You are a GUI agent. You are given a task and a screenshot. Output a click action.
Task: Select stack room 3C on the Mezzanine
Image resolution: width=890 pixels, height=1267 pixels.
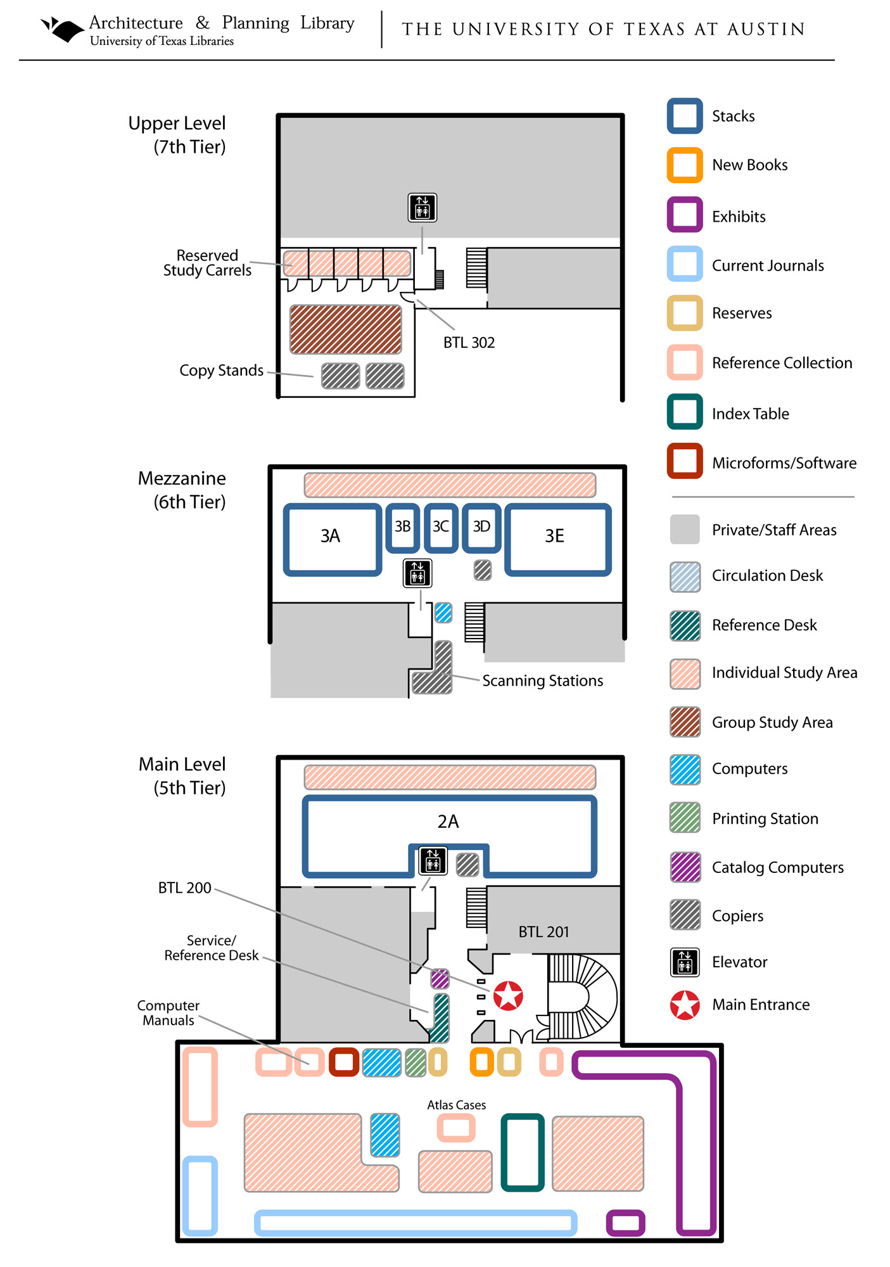point(441,528)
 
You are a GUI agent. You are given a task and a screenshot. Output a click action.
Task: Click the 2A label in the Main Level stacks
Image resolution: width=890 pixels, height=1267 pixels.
point(448,822)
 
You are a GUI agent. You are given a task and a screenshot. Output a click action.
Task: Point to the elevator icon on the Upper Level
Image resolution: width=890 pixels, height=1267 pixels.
point(423,208)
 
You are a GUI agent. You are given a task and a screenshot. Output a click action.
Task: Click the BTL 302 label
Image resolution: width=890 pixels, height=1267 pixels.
point(469,343)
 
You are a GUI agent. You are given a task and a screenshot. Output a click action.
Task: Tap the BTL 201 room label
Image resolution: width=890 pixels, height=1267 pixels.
point(544,932)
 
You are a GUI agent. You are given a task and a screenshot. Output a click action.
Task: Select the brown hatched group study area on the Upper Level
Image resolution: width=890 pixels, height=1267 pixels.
point(346,329)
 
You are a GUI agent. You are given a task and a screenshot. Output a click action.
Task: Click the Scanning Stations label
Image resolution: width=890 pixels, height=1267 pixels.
point(542,681)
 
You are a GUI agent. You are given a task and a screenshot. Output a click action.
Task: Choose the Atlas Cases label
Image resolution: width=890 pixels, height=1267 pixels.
point(456,1105)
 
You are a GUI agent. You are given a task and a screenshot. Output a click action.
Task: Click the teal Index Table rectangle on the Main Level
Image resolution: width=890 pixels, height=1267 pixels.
point(523,1152)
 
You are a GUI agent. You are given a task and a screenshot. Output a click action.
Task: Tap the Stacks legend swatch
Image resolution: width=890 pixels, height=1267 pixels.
point(685,116)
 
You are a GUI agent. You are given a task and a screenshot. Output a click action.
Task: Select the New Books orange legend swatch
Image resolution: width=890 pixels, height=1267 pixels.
point(685,165)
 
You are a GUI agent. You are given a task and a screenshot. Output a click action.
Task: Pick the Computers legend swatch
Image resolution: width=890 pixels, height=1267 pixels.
point(685,770)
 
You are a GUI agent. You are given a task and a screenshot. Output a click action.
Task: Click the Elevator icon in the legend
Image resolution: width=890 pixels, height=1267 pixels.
point(685,962)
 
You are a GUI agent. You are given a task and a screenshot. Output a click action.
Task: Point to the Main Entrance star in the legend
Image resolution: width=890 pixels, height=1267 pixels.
point(685,1005)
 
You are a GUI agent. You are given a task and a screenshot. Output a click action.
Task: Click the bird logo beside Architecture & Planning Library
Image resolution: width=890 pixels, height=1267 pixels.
point(62,29)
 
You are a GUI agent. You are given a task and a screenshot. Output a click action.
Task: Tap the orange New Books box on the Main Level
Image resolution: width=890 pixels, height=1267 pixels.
point(481,1062)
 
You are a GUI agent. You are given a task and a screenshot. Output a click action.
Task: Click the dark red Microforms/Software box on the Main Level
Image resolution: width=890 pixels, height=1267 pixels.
point(344,1062)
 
